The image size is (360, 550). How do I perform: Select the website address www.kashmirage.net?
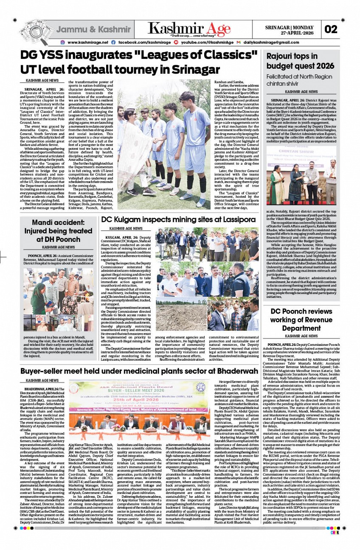88,42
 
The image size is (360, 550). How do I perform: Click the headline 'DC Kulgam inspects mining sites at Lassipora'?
178,220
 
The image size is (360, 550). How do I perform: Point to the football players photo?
165,144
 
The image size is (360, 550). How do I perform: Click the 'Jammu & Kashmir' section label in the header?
93,29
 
